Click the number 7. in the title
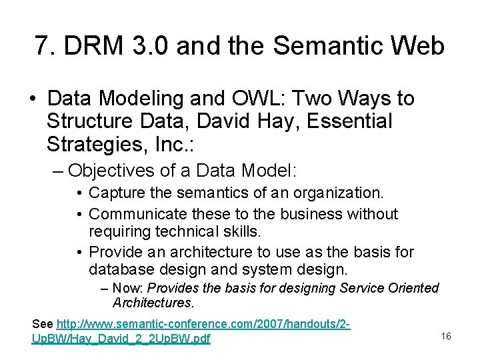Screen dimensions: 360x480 (x=45, y=46)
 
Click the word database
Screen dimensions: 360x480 (x=117, y=269)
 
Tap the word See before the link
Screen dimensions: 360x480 (x=43, y=324)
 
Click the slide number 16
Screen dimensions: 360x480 (x=446, y=337)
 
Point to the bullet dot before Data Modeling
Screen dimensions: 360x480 (x=32, y=99)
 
